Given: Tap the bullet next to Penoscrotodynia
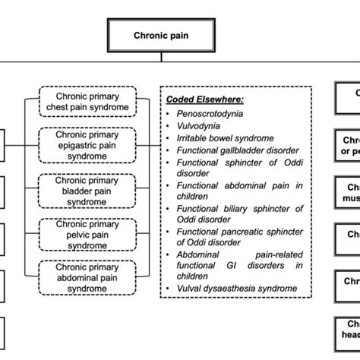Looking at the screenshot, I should (172, 113).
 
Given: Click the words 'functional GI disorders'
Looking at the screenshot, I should (228, 267).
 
